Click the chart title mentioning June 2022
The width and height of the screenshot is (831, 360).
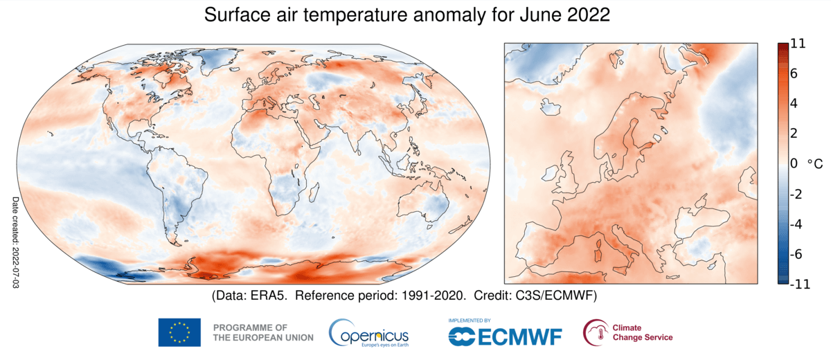pos(406,16)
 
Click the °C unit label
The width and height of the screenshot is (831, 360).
pos(815,164)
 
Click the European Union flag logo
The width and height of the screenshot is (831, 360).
pos(179,332)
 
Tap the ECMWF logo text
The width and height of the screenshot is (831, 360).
pos(506,336)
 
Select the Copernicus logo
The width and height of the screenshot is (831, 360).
pos(368,332)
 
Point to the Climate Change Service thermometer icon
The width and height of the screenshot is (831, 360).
pos(595,332)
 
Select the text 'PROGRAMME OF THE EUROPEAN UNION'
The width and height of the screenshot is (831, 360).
pos(263,332)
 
